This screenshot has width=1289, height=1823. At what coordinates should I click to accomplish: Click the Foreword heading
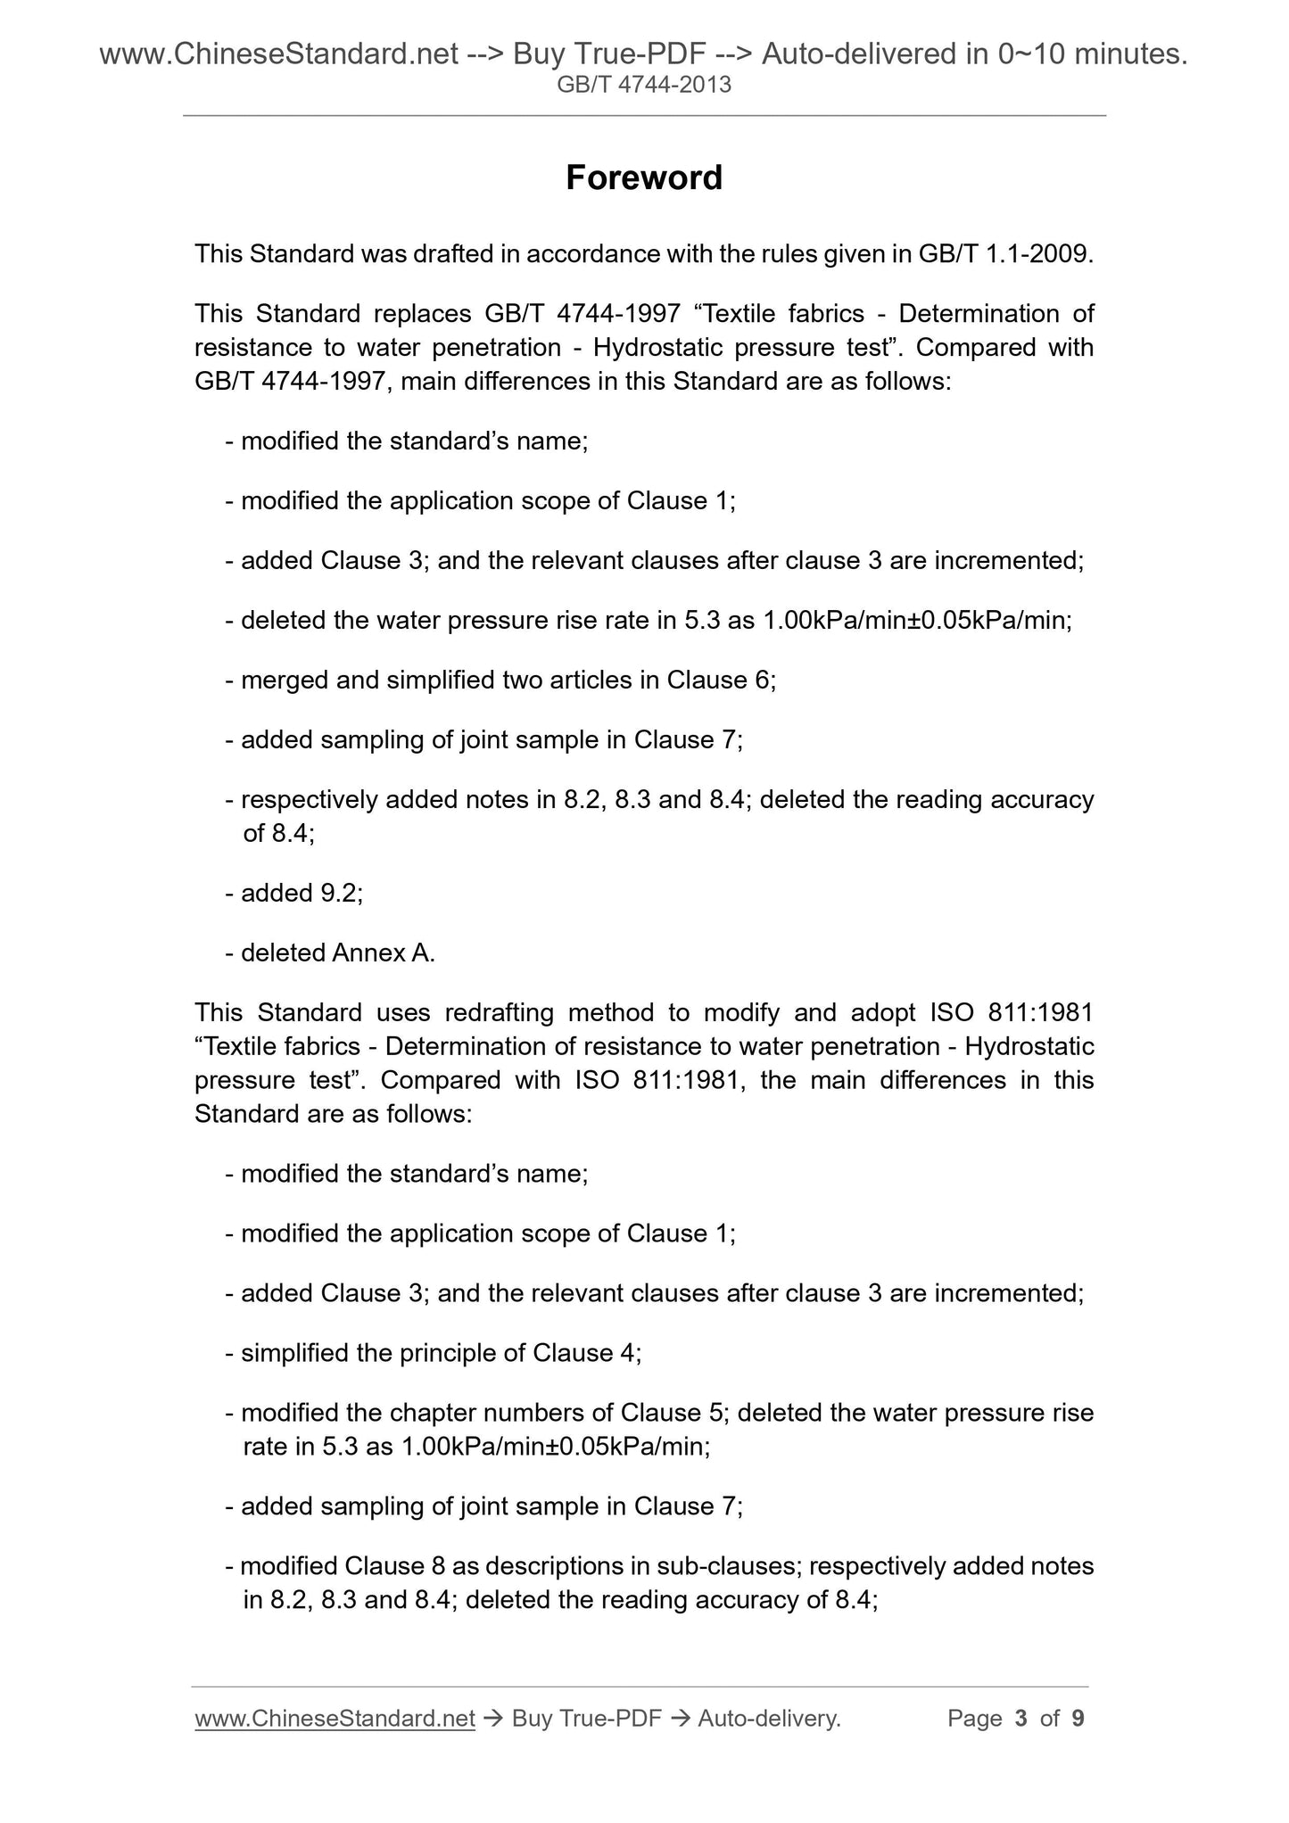tap(644, 177)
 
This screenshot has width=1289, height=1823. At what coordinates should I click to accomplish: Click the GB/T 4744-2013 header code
tap(644, 85)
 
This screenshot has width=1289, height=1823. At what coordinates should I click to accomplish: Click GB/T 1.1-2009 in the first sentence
tap(1004, 254)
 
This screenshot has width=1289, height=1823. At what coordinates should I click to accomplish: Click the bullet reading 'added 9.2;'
tap(302, 893)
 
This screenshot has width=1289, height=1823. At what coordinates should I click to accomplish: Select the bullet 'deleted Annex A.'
tap(337, 953)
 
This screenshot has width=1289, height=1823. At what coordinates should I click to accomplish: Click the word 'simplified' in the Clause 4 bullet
tap(293, 1353)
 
